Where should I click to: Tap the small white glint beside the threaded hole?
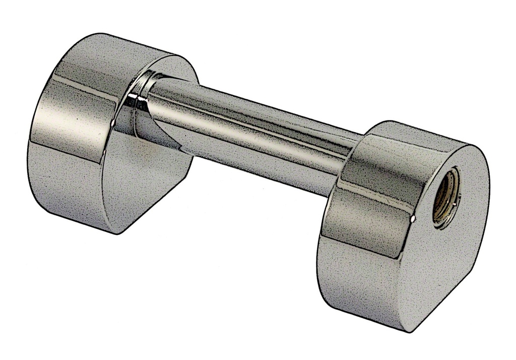[x=413, y=218]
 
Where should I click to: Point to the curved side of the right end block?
[x=363, y=237]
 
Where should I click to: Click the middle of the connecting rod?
[x=252, y=131]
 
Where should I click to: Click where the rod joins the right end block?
[x=355, y=151]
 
